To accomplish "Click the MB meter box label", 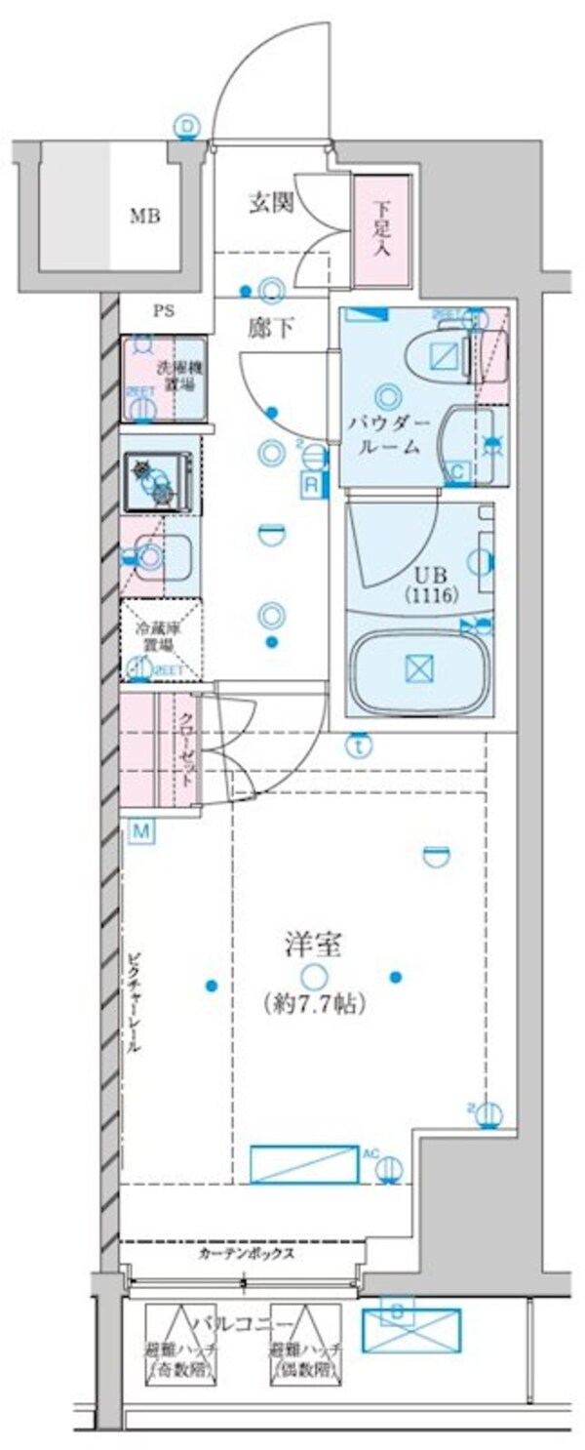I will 146,216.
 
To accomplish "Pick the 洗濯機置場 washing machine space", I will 163,378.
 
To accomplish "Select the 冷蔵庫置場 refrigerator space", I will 160,638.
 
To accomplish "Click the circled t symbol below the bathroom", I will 361,745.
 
